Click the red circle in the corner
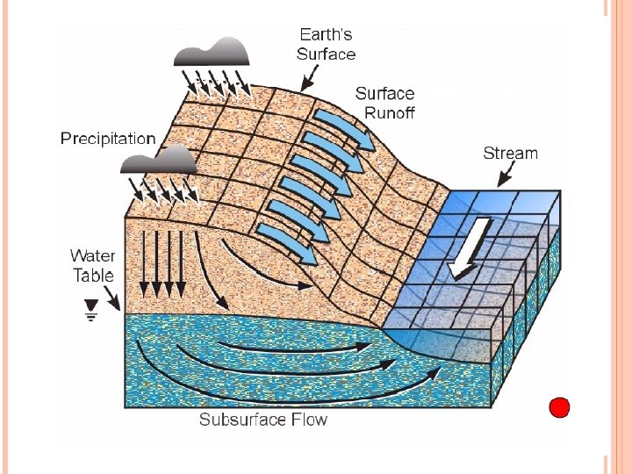[559, 407]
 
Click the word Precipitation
[108, 138]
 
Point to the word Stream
[510, 154]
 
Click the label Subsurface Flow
[262, 420]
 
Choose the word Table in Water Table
[93, 275]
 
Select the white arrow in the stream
[463, 248]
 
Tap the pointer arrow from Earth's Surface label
[307, 81]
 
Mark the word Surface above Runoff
[385, 93]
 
